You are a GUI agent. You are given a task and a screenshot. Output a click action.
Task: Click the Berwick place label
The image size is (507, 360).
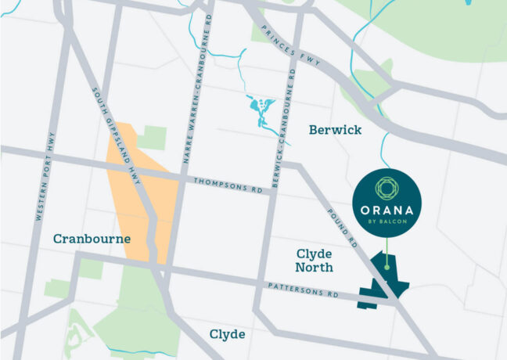point(335,129)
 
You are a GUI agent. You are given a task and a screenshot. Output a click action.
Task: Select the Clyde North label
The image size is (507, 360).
point(315,261)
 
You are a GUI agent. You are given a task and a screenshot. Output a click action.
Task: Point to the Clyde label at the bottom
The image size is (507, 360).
point(227,334)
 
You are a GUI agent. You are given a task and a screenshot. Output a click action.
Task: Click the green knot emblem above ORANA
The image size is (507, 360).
point(387,188)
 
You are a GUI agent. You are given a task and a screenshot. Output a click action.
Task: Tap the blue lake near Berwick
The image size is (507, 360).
point(259,106)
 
